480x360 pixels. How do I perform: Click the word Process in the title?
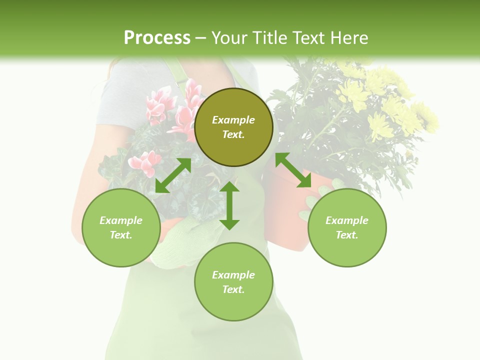[157, 38]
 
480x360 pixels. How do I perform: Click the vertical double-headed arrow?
[229, 205]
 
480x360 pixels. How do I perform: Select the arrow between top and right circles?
[293, 170]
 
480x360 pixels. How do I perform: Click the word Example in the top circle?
[233, 120]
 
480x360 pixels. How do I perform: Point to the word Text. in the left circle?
[121, 235]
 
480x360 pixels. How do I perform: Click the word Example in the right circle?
[347, 220]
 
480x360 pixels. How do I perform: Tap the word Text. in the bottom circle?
[233, 289]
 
